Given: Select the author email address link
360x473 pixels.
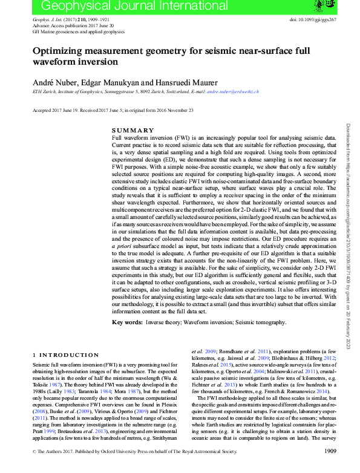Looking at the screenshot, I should [233, 91].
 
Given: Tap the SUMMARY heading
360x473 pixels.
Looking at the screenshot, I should [133, 131].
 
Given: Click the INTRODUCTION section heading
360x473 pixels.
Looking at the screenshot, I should [68, 354].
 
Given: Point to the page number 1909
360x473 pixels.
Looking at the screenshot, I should [330, 468].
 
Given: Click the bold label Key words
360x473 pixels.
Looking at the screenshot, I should [127, 323].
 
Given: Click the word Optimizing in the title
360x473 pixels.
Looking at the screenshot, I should [60, 51].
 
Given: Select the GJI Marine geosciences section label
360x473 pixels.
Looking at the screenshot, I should [73, 32].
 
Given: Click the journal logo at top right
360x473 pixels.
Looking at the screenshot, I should [319, 5].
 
